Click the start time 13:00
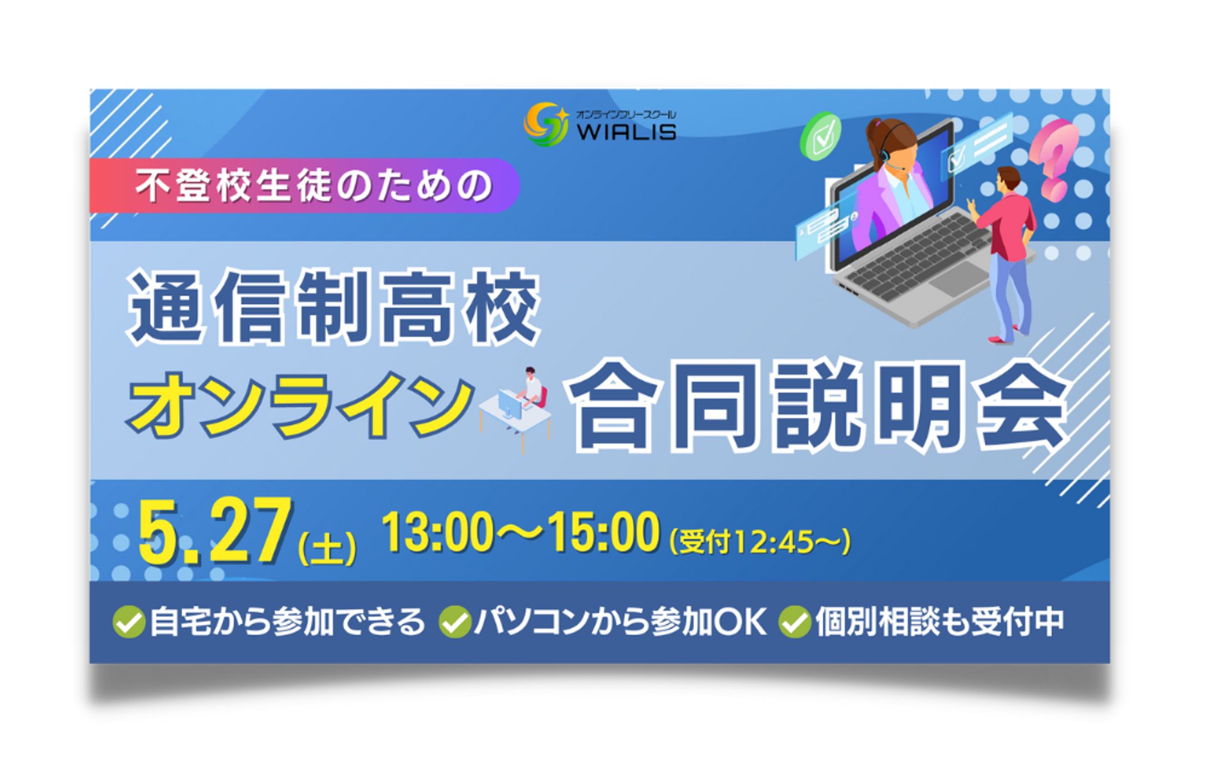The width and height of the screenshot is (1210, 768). (437, 532)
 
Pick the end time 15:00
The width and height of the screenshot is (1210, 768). (603, 532)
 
